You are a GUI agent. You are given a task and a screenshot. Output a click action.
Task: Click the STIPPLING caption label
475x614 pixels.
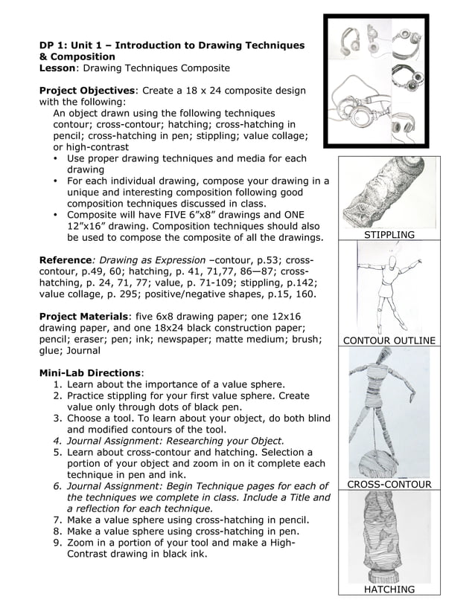(389, 235)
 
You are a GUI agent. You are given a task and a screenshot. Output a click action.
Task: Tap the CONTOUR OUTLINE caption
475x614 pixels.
(389, 341)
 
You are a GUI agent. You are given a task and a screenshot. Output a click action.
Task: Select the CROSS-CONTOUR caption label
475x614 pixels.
(389, 485)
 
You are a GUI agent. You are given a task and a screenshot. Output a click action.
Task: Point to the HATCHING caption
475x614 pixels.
(389, 589)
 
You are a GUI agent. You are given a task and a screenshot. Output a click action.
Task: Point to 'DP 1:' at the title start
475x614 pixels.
(54, 45)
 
